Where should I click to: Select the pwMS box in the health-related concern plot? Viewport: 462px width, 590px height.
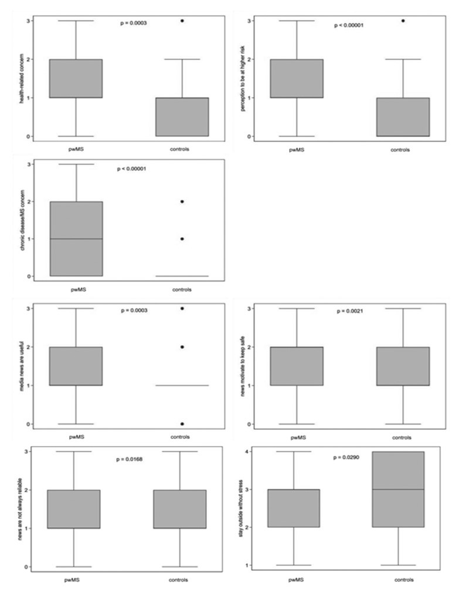(76, 78)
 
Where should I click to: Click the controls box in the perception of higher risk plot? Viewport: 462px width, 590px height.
(403, 117)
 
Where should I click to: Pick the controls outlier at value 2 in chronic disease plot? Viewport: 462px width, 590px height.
(182, 201)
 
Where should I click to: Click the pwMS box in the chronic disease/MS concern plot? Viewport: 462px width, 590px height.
(76, 238)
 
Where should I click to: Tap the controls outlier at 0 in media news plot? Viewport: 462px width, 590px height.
(182, 423)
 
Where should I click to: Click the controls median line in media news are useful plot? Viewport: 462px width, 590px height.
(182, 385)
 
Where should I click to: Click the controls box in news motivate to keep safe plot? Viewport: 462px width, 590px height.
(403, 366)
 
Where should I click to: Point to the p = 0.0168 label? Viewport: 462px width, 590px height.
(130, 458)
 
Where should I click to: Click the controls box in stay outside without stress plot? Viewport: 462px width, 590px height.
(398, 489)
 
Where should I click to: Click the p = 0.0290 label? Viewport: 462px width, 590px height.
(347, 456)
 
